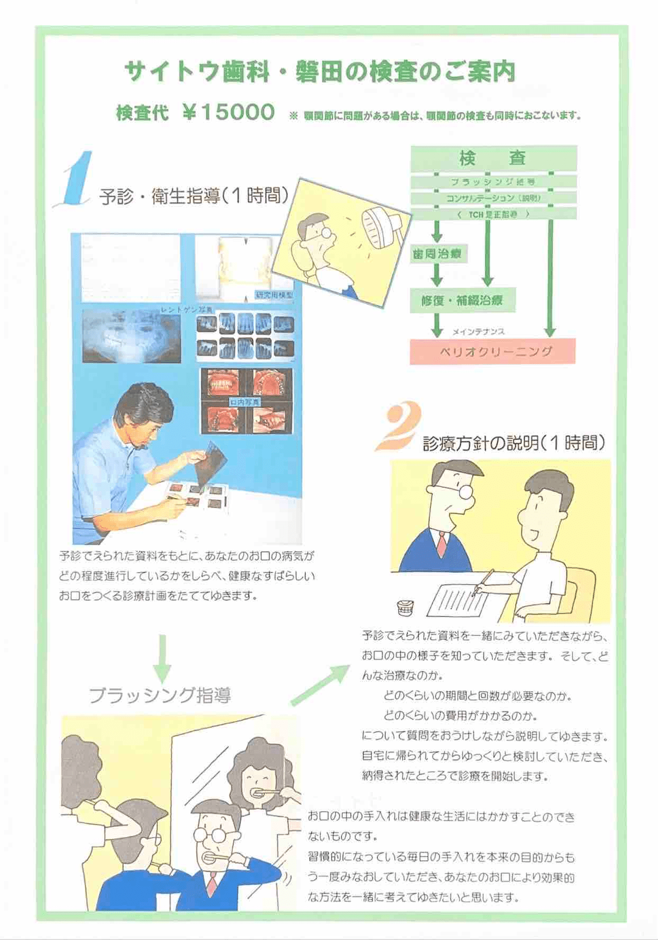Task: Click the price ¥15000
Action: [x=229, y=112]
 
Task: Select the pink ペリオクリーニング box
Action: [x=492, y=351]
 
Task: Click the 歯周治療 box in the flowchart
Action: [x=437, y=254]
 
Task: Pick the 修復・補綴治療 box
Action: [x=462, y=300]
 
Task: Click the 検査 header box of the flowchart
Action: [x=493, y=158]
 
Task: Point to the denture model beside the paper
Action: [x=405, y=607]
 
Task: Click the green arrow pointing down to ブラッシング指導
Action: [x=162, y=657]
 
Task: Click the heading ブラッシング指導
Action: [x=160, y=695]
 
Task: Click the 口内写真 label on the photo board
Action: [x=245, y=402]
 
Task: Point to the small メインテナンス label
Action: [x=478, y=332]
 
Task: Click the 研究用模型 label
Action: [x=274, y=295]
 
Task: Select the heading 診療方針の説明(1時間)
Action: [x=514, y=443]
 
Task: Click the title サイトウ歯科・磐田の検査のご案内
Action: [x=320, y=72]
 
